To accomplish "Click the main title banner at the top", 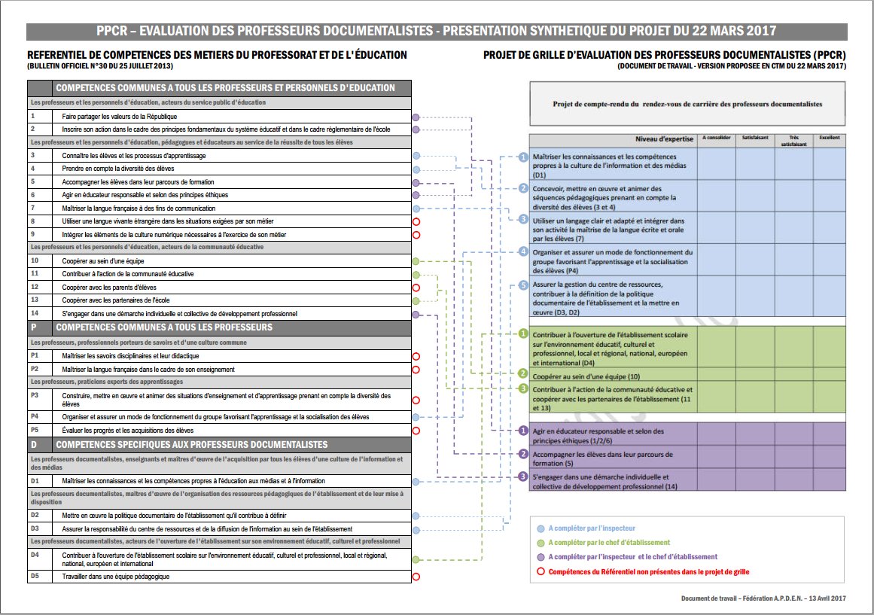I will pos(437,31).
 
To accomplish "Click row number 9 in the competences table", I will pos(34,234).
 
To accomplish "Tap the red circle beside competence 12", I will pos(416,288).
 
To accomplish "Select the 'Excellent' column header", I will pos(829,139).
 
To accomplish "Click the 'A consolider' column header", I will pos(716,139).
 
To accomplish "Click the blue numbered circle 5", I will pos(524,286).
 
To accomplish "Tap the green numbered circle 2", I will pos(524,373).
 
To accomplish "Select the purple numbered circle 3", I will pos(524,476).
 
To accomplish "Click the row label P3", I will pos(35,395).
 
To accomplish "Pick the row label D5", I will pos(35,577).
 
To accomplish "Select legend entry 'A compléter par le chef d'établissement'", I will pos(609,543).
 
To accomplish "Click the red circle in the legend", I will pos(540,571).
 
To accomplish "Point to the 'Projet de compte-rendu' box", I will pos(687,105).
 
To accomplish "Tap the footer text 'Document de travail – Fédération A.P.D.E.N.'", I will pos(763,598).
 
